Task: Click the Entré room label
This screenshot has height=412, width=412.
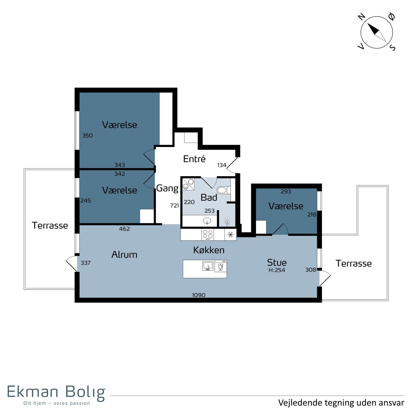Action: coord(194,159)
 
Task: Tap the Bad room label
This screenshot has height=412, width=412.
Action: coord(209,197)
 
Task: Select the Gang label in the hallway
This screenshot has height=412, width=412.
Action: coord(168,188)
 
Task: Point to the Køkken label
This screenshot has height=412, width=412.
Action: coord(209,250)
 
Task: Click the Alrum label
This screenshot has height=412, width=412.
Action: coord(124,254)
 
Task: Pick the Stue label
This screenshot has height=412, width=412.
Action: coord(277,262)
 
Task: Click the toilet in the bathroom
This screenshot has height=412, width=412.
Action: coord(224,190)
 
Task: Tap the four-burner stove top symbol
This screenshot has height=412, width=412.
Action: coord(208,234)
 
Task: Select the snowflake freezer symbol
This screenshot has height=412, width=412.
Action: coord(230,234)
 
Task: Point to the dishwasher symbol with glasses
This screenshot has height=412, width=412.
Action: coord(221,266)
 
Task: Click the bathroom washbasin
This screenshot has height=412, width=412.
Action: coord(207,220)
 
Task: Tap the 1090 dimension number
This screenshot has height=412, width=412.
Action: coord(199,295)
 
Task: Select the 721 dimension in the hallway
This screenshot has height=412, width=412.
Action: coord(174,205)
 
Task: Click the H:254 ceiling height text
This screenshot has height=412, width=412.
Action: coord(277,270)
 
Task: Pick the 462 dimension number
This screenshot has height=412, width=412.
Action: coord(124,229)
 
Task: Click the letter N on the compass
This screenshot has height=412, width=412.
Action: coord(362,17)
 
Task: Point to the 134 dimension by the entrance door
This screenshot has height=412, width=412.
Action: coord(222,165)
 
